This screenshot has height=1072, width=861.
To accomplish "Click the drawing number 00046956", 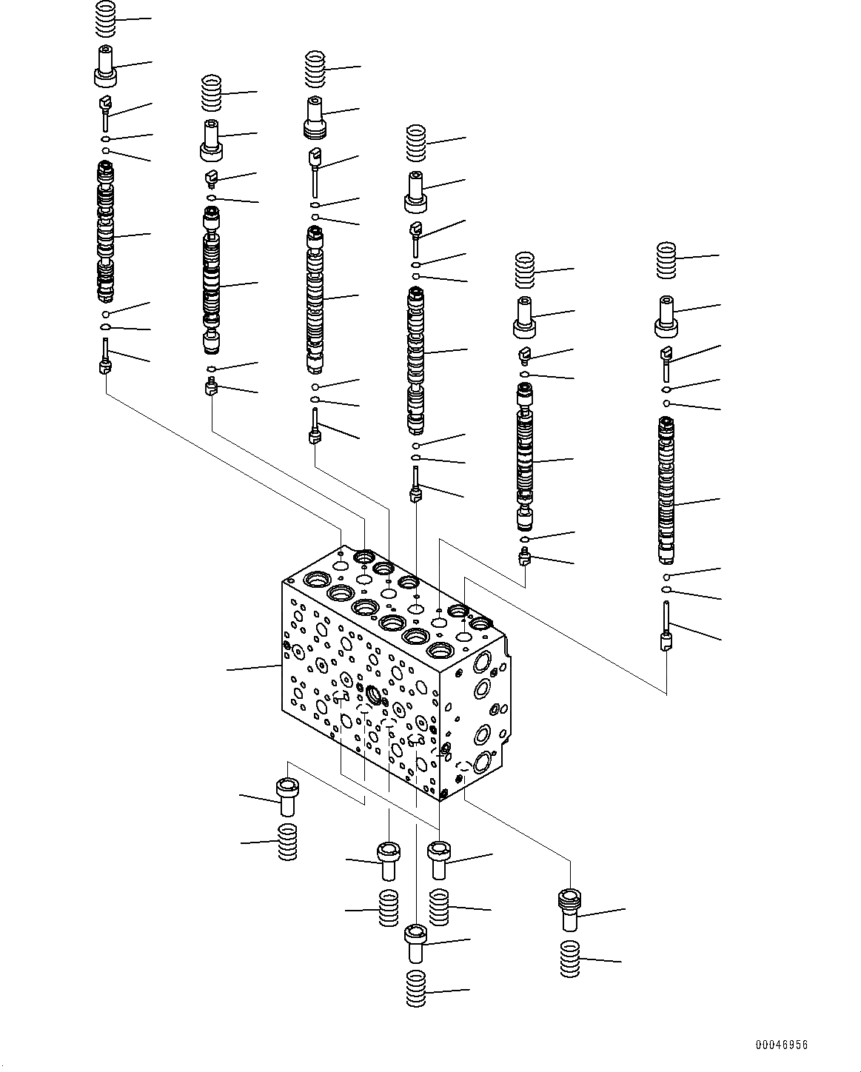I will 781,1045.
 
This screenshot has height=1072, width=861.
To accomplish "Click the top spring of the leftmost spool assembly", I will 107,19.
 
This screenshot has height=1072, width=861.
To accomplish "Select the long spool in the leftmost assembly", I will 106,233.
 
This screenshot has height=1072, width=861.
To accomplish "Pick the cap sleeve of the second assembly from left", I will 212,140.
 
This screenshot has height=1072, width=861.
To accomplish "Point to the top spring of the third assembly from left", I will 316,67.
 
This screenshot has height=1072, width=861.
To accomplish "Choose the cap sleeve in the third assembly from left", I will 316,117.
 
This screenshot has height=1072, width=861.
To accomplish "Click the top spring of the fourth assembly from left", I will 417,143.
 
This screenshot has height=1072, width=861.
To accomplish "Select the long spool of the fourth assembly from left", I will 416,360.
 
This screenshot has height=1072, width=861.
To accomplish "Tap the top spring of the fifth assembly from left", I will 524,270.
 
